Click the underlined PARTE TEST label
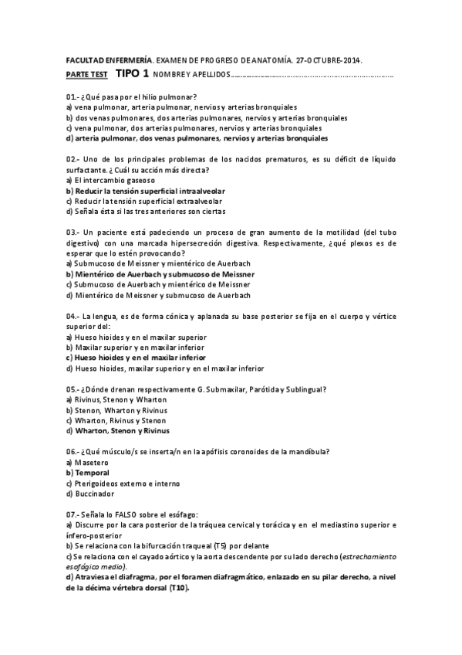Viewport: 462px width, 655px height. coord(86,75)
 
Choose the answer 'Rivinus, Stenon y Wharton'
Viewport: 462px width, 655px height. coord(116,400)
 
